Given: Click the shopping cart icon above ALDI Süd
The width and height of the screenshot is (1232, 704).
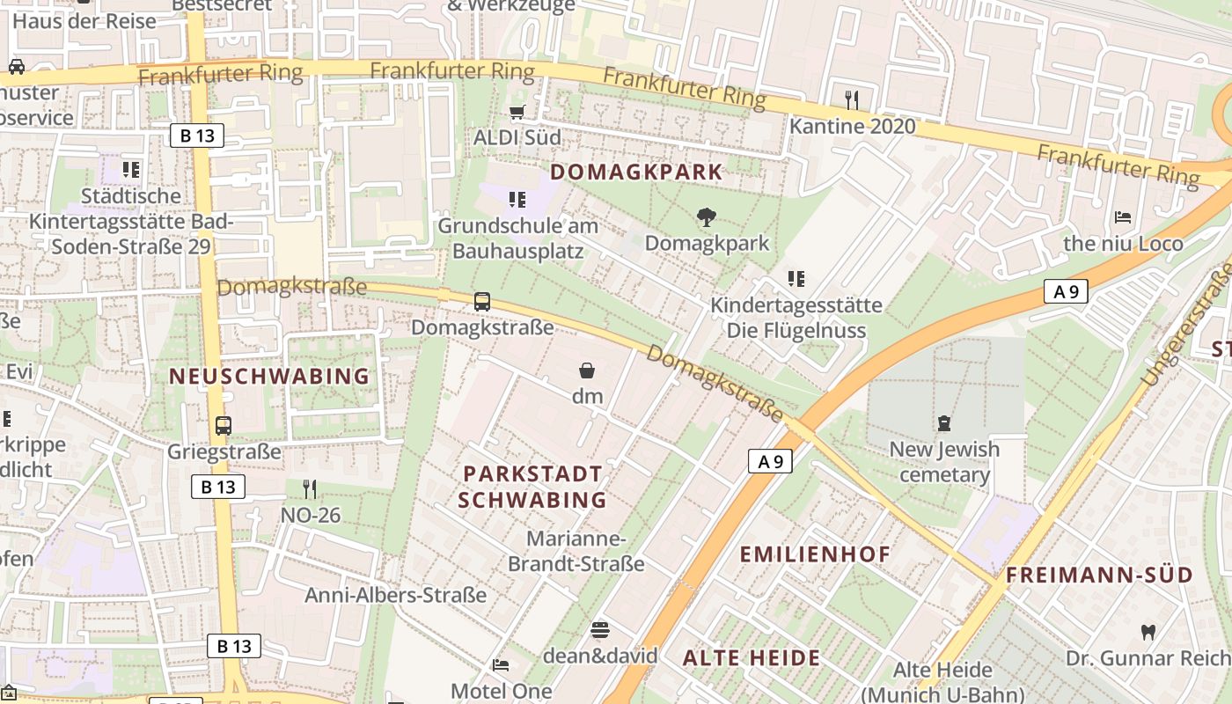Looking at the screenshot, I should pos(517,112).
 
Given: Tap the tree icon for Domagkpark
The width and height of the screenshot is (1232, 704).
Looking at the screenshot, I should pos(706,216).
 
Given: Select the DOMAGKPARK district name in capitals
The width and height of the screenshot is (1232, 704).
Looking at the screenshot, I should pos(636,172).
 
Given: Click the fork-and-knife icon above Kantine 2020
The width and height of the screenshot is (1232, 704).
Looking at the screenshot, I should pos(851,99).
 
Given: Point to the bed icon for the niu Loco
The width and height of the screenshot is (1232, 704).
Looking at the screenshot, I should pos(1123,216).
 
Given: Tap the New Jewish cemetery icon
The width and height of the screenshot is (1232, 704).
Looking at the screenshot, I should pos(944,423).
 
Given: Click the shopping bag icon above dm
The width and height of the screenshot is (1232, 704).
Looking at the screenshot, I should pos(587,370).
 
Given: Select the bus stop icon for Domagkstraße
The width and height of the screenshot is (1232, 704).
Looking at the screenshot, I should pos(482,302).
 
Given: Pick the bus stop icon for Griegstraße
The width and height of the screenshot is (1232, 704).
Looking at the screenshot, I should pos(224,426).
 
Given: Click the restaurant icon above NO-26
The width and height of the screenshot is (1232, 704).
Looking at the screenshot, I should pos(310,488).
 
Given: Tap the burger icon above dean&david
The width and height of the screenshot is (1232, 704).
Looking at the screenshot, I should pos(600,630).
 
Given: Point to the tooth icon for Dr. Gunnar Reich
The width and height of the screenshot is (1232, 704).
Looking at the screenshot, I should pos(1148,632).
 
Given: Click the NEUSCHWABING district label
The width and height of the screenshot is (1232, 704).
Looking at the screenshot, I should pos(269,377).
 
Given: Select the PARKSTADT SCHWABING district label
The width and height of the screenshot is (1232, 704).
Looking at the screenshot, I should pos(532,487).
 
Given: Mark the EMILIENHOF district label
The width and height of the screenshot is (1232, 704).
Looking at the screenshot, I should pos(815,554).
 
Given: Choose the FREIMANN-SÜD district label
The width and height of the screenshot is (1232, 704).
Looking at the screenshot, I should pos(1111,576).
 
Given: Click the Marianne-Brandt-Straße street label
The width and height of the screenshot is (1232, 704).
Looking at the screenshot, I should pos(576,551).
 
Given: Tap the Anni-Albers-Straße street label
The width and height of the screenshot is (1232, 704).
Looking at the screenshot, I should pos(395,596).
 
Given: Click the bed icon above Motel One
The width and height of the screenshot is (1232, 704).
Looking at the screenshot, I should pos(501,665).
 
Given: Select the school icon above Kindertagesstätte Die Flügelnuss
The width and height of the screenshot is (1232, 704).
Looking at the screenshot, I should pos(796,279).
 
